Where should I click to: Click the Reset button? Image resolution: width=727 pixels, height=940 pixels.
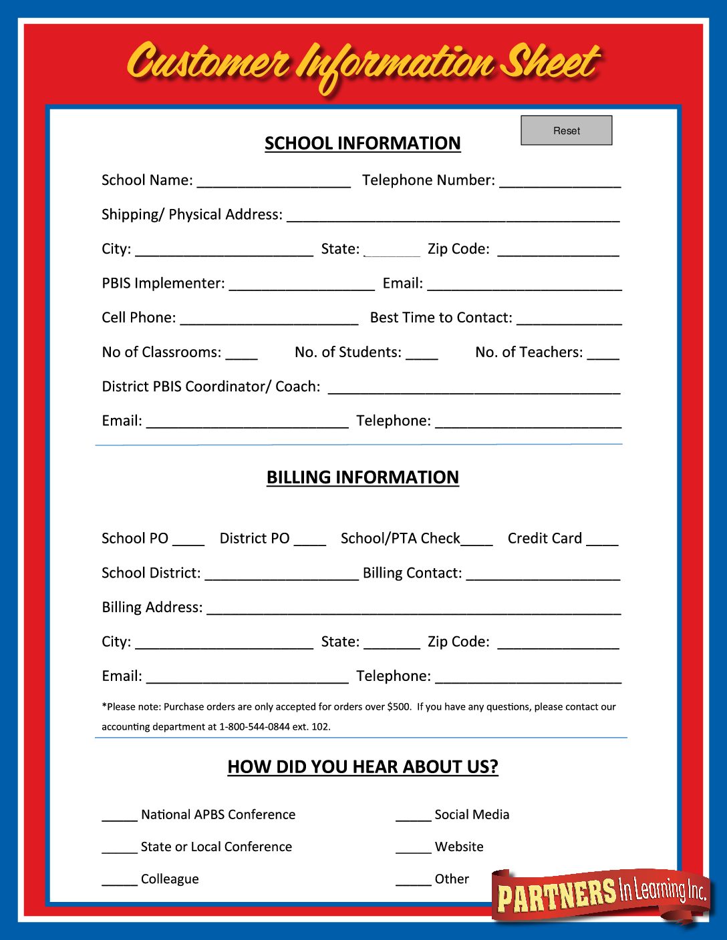(566, 130)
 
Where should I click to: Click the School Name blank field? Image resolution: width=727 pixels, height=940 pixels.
(273, 181)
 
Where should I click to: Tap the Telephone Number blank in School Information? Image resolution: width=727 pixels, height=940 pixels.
(560, 181)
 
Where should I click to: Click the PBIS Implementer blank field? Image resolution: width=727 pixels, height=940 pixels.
(301, 284)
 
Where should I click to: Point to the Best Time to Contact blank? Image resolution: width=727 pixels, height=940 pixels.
(569, 318)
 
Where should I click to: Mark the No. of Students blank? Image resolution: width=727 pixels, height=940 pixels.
(422, 353)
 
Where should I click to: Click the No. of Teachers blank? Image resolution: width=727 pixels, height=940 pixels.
(603, 353)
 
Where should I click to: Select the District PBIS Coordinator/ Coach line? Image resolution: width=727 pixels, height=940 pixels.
(474, 387)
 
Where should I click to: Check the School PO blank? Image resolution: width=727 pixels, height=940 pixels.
(188, 539)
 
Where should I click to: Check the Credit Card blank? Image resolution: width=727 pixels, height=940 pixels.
(602, 539)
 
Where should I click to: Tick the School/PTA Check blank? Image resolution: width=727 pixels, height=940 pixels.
(477, 539)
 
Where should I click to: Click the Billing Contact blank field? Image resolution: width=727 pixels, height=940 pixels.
(543, 574)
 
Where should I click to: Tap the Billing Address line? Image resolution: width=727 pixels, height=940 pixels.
(414, 608)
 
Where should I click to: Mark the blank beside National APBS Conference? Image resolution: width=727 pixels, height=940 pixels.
(120, 815)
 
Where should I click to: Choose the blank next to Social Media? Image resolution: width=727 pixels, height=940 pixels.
(413, 815)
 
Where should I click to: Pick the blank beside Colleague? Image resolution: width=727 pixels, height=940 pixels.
(120, 880)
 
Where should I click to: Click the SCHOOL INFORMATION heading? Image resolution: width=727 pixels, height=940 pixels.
(362, 144)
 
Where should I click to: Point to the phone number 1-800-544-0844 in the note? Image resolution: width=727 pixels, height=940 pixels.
(255, 726)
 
